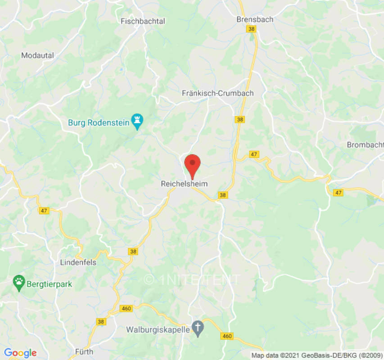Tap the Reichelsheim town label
click(x=184, y=184)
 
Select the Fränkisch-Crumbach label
click(x=217, y=93)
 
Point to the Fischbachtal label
click(x=143, y=21)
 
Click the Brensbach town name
click(x=255, y=19)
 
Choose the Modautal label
click(x=37, y=55)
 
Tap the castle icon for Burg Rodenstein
click(x=137, y=120)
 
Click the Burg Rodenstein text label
click(x=99, y=122)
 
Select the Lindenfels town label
click(x=78, y=262)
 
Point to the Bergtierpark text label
click(x=50, y=284)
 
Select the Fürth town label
click(x=84, y=352)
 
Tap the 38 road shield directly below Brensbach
click(x=251, y=28)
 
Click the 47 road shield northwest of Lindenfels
click(x=44, y=211)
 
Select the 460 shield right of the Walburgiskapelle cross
click(x=227, y=336)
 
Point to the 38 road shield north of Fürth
click(x=100, y=321)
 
